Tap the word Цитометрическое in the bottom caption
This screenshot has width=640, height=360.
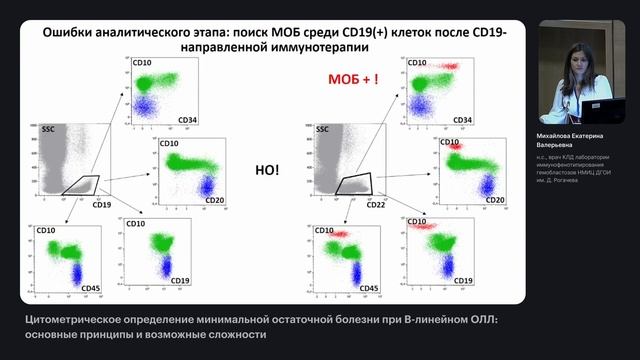click(x=76, y=318)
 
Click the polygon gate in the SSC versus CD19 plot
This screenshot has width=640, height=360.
click(x=82, y=185)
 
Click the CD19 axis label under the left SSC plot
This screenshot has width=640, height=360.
click(x=101, y=205)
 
